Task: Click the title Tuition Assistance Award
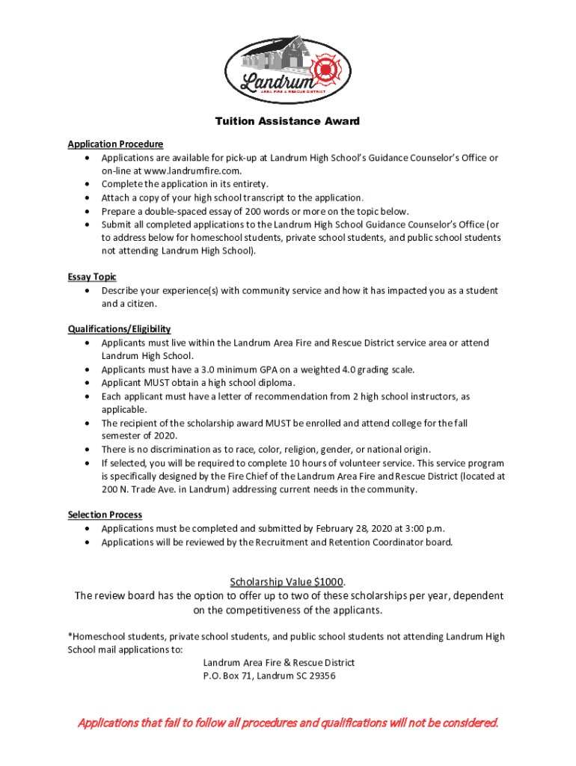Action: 287,121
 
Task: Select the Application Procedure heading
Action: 115,144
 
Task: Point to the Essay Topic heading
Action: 92,277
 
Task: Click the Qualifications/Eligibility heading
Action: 119,329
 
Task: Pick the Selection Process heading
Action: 105,515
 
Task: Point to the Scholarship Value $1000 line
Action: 287,582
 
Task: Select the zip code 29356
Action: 322,676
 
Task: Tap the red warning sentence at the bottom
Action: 288,723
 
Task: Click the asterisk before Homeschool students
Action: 70,637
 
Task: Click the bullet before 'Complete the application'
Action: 90,184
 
